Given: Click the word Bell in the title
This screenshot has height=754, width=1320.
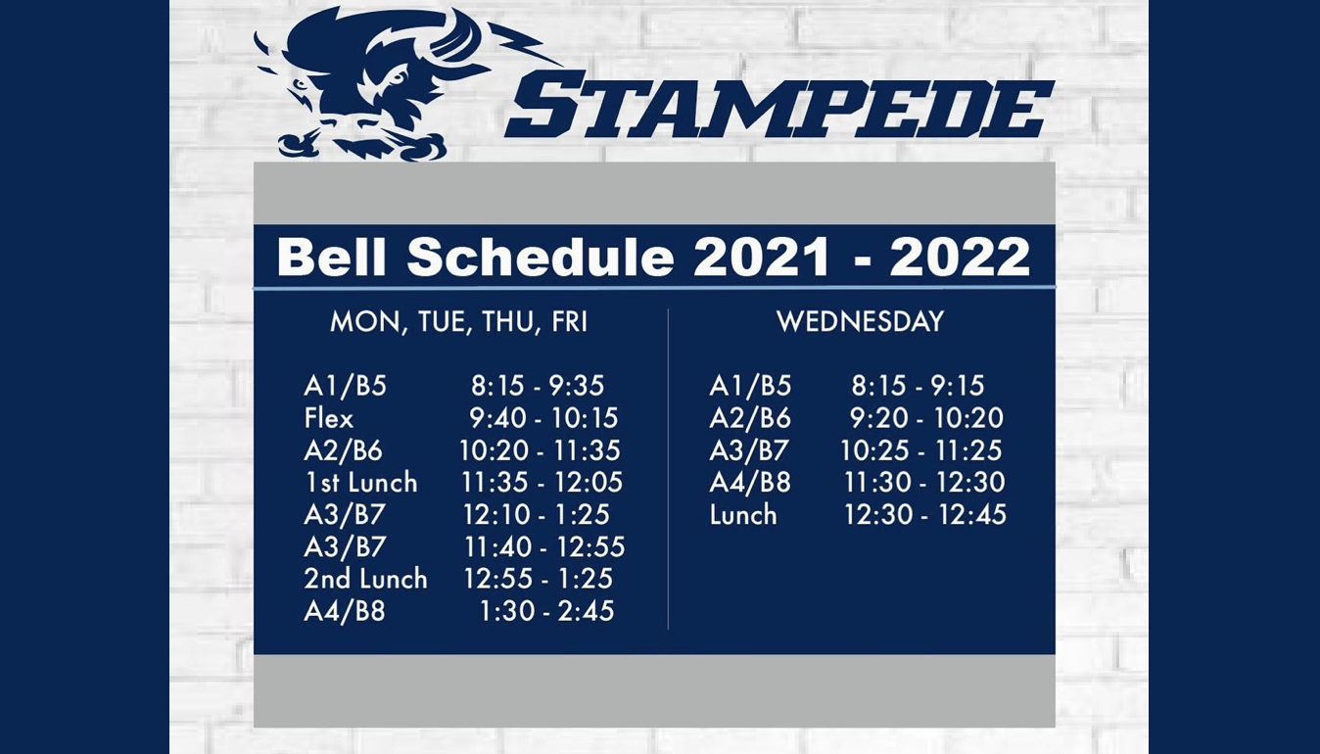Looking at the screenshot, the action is [332, 257].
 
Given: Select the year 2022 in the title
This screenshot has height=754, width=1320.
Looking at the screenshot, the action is [960, 257].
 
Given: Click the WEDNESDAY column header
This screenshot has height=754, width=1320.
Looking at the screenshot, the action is [861, 321].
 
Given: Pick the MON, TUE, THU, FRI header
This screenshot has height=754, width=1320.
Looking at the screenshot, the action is [459, 322].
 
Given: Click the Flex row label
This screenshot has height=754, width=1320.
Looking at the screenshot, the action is [329, 418].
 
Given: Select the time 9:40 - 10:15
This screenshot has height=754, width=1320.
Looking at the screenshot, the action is [543, 418].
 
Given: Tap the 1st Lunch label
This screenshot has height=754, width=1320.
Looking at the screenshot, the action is [361, 483].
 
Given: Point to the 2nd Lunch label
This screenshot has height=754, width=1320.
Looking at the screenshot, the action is [365, 579].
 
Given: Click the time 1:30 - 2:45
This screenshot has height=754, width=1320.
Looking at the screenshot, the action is [546, 611].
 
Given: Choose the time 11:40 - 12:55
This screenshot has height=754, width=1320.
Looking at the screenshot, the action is [544, 546].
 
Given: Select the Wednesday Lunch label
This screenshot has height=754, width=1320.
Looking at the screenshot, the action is [743, 514].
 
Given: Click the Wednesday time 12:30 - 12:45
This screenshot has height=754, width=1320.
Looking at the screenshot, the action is [925, 514].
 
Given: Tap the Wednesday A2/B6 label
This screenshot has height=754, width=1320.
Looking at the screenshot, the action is [750, 418].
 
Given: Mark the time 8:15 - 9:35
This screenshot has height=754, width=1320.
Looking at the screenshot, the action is [538, 386].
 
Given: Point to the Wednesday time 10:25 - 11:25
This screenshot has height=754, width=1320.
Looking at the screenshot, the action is [921, 450].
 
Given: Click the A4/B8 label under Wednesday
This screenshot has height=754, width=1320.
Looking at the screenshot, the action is [750, 483].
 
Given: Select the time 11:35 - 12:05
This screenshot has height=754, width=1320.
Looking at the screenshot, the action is [542, 483].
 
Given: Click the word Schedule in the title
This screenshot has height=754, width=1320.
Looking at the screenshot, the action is [541, 257].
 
